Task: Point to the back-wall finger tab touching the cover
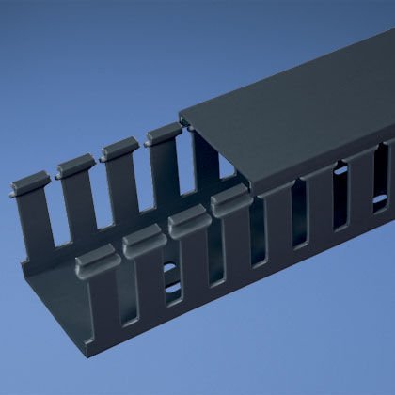pyautogui.click(x=160, y=138)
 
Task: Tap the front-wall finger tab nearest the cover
pyautogui.click(x=229, y=200)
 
